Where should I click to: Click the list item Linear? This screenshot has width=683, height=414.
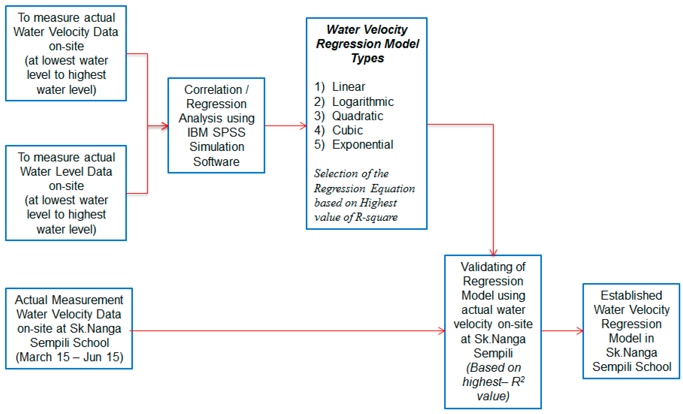click(348, 87)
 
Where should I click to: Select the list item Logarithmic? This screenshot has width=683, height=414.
click(363, 102)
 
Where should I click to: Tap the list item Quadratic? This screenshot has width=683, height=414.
click(357, 116)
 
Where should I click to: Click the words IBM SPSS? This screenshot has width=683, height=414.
click(216, 132)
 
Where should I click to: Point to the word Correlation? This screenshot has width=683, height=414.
click(213, 90)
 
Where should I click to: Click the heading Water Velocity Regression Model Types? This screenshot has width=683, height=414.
click(367, 44)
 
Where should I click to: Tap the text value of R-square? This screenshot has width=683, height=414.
click(356, 217)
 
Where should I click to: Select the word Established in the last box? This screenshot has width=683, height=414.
click(631, 295)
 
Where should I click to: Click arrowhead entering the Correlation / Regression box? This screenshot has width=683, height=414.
click(165, 126)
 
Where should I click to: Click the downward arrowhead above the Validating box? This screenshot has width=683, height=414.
click(493, 252)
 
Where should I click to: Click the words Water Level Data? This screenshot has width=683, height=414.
click(66, 172)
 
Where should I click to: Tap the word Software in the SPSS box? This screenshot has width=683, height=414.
click(216, 162)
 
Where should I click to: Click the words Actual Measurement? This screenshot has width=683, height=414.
click(69, 300)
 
